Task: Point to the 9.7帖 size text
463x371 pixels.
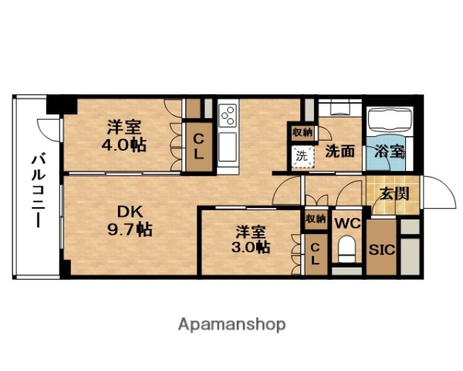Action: (129, 230)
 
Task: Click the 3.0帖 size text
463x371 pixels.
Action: (252, 247)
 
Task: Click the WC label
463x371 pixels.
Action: (348, 223)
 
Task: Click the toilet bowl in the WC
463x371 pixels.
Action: (347, 250)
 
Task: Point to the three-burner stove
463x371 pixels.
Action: (228, 117)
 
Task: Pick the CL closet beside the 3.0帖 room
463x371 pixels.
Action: (315, 253)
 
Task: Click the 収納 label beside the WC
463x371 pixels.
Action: (315, 219)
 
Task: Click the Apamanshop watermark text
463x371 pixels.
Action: (231, 324)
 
